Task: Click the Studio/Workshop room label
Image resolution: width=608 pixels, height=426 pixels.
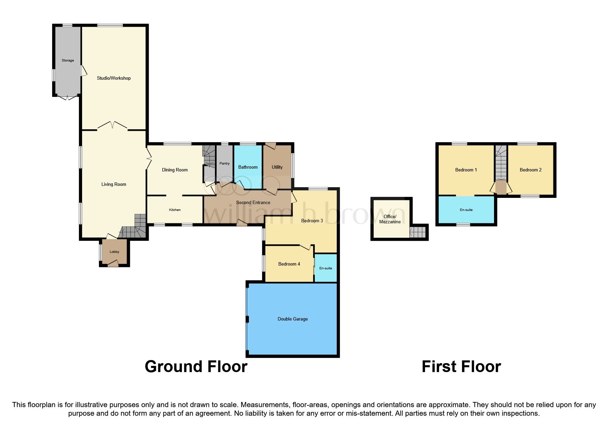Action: coord(114,78)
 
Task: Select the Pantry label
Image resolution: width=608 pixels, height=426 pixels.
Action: coord(225,164)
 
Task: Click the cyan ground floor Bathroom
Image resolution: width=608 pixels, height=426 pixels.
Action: coord(248,167)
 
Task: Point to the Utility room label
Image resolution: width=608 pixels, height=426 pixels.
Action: coord(277,167)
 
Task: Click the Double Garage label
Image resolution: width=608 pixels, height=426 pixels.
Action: coord(292,319)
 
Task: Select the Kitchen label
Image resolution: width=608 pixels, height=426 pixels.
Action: coord(175,210)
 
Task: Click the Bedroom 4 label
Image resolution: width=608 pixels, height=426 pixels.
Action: coord(289,264)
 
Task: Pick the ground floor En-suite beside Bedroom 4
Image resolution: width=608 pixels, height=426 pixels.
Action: coord(325,268)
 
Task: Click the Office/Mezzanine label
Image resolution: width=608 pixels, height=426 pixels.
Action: coord(390,219)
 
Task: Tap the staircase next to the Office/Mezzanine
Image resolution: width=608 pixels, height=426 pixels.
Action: coord(418,233)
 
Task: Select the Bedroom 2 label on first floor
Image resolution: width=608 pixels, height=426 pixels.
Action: coord(530,170)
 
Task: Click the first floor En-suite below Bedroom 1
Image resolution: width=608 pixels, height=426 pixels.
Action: coord(466,210)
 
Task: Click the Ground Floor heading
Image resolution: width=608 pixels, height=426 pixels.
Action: coord(196,367)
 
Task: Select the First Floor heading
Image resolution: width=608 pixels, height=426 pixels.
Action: coord(461,367)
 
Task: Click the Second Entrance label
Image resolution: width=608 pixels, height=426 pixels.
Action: coord(253,203)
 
